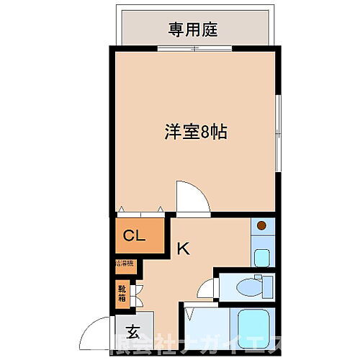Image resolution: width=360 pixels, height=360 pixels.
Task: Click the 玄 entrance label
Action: [133, 332]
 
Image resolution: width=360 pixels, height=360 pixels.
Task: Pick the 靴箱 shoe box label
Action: [122, 293]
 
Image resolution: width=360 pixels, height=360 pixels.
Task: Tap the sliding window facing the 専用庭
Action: [196, 49]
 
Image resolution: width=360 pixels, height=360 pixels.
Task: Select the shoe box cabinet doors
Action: [135, 293]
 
